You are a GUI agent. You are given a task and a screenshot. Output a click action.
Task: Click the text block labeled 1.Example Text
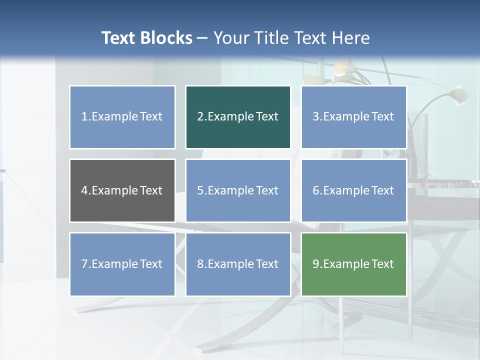[x=122, y=117]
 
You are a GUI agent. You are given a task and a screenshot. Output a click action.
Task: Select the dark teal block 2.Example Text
[x=238, y=117]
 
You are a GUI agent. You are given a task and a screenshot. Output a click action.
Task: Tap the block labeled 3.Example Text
[x=353, y=117]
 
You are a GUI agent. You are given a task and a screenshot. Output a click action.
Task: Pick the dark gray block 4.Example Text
[x=122, y=190]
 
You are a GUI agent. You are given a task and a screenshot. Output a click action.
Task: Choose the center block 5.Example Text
[x=238, y=190]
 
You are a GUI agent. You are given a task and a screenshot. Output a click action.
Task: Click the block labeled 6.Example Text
[x=353, y=190]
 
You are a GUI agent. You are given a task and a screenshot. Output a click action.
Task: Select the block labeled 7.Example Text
[x=122, y=264]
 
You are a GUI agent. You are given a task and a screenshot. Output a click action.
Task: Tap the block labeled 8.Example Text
[x=238, y=264]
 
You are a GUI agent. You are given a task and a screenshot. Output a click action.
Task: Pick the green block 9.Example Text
[x=353, y=264]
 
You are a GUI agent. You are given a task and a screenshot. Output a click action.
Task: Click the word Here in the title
[x=351, y=38]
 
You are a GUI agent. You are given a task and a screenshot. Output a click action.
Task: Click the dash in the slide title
[x=202, y=38]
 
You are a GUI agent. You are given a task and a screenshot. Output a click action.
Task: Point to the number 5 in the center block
[x=200, y=190]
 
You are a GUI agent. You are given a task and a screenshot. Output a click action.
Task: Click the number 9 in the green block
[x=316, y=264]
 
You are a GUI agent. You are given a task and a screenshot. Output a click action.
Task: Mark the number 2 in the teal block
[x=200, y=117]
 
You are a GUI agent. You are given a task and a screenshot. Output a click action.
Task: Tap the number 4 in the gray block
[x=84, y=190]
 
